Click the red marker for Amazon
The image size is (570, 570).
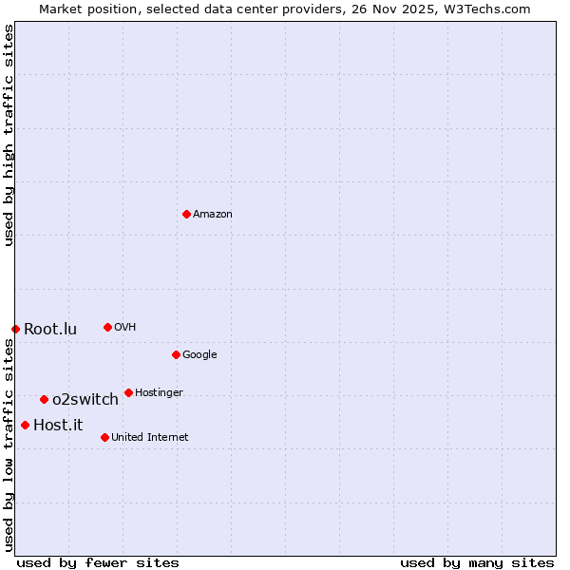click(x=186, y=214)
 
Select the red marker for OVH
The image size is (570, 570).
click(x=107, y=327)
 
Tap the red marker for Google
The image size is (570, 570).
click(x=176, y=354)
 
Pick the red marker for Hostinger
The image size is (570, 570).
click(x=128, y=392)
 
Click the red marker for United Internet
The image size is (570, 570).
click(x=104, y=437)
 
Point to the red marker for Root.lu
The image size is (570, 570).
click(x=15, y=329)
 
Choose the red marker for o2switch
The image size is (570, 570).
click(x=44, y=399)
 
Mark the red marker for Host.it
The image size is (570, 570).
click(x=25, y=425)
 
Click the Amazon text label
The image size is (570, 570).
click(x=213, y=215)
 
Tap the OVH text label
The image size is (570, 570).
click(x=125, y=328)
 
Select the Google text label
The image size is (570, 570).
click(x=199, y=355)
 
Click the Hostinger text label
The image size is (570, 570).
click(x=159, y=393)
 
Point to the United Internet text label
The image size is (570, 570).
click(x=150, y=438)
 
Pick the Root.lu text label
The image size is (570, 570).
click(x=50, y=330)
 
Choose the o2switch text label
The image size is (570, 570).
click(x=85, y=400)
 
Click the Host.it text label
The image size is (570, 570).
click(x=58, y=426)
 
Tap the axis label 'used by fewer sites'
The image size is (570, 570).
click(x=98, y=562)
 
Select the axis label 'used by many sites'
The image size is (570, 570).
click(x=477, y=562)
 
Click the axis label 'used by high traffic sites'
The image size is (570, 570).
click(x=9, y=135)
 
